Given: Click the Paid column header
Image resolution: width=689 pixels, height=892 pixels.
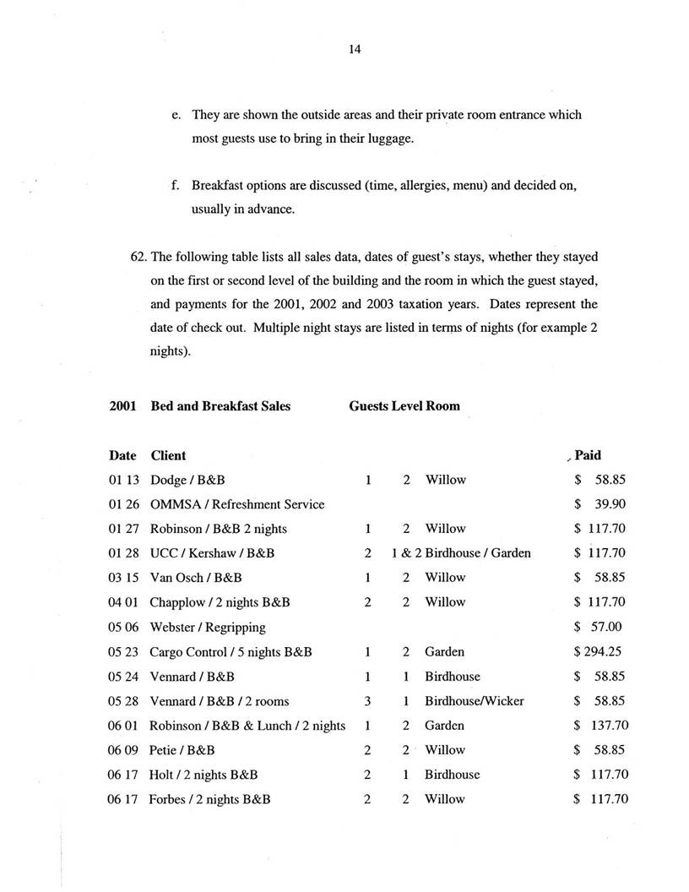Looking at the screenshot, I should click(588, 455).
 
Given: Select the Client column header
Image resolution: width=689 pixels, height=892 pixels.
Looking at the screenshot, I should click(168, 455).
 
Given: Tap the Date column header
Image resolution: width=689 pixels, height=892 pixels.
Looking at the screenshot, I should click(122, 455).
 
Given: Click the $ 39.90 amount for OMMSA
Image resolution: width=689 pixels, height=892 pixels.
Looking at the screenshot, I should click(599, 504).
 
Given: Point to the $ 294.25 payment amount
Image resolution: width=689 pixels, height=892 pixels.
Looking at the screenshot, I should click(599, 652).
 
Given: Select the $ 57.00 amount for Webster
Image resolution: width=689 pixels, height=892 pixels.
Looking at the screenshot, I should click(599, 627).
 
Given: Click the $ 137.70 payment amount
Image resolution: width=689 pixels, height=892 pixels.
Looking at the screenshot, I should click(600, 726).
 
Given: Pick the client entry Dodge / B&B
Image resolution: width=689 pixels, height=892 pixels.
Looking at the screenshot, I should click(187, 480).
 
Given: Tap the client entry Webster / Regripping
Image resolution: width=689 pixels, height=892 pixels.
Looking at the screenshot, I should click(208, 627).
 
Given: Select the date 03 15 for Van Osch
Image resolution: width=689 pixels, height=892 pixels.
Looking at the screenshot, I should click(122, 578).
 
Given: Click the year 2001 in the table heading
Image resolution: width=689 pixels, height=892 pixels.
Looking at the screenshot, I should click(122, 406).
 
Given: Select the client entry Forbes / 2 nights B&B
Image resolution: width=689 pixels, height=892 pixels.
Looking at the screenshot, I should click(209, 799).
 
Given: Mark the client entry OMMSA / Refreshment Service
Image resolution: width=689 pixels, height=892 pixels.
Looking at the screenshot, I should click(236, 504).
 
